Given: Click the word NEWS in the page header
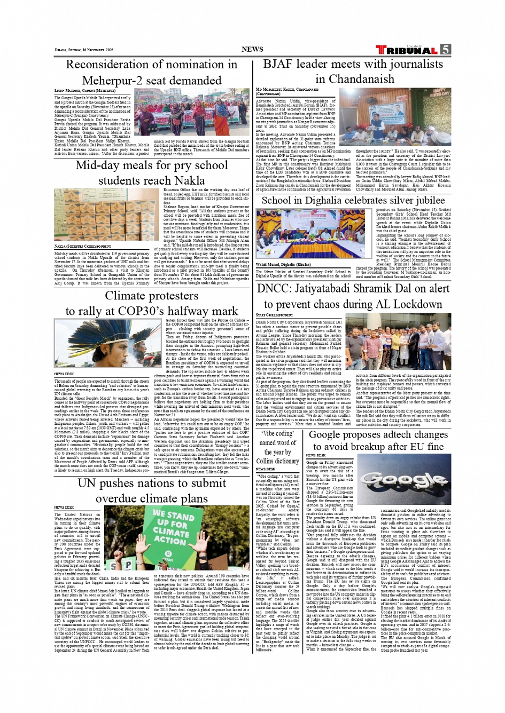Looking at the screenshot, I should (252, 49).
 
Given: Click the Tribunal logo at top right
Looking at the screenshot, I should (407, 50).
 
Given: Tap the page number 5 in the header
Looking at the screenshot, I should (445, 50).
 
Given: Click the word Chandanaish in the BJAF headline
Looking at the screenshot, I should (354, 79).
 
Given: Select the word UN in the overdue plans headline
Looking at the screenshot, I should (87, 483).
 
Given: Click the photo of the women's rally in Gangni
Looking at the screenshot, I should (191, 112).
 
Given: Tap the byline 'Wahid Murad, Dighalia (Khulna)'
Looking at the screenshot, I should (283, 264).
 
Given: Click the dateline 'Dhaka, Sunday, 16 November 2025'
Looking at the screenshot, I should (84, 50).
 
